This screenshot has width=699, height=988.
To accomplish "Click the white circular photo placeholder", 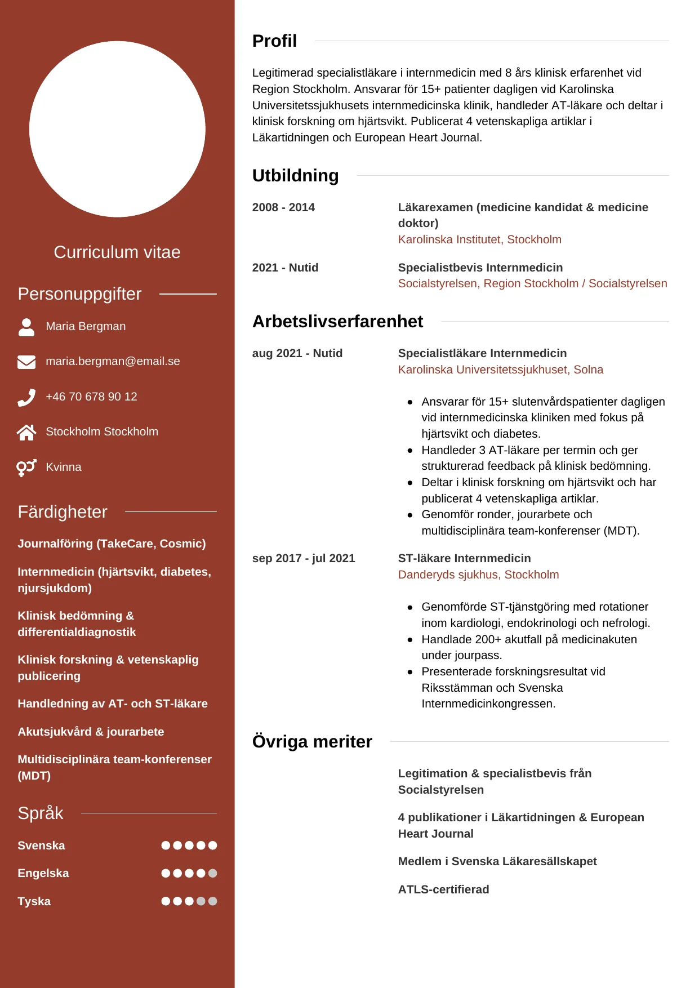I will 117,129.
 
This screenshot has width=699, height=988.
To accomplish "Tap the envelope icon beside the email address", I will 26,362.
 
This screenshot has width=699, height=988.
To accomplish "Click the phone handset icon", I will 26,397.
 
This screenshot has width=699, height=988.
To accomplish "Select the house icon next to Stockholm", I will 26,432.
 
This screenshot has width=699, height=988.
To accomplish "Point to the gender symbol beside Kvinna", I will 26,468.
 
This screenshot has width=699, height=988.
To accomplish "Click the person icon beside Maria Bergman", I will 26,327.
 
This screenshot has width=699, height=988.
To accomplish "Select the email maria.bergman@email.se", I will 113,361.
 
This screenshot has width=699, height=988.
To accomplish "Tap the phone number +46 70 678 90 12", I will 91,397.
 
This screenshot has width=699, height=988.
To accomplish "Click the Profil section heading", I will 274,41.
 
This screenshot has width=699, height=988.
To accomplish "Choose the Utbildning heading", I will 295,176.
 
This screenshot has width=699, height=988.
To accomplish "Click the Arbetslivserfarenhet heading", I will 337,322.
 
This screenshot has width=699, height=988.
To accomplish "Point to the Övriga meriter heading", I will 312,742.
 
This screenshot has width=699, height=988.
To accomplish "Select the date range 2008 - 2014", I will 283,207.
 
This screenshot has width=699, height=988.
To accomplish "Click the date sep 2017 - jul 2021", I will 304,558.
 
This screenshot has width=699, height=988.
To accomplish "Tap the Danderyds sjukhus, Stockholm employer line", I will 478,575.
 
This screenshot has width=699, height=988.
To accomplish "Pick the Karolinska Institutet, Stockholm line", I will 479,239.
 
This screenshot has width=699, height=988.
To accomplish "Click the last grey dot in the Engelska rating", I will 212,873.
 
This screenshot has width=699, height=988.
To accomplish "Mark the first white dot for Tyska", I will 166,901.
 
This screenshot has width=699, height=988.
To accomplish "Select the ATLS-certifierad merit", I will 443,889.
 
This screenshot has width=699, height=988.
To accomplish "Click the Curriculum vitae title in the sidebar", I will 117,252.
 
